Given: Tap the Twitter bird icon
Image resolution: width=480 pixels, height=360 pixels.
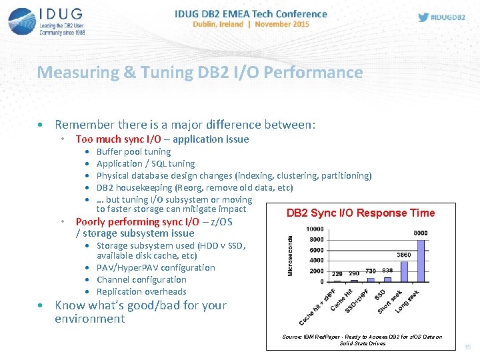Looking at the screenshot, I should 423,17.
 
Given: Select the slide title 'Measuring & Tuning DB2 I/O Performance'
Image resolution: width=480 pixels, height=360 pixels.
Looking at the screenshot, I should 200,72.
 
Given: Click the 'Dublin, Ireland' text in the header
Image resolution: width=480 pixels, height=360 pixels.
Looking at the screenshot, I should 215,24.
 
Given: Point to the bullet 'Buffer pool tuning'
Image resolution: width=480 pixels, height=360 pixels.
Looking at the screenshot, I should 133,151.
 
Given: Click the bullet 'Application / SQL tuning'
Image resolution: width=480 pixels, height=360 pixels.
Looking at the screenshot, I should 145,163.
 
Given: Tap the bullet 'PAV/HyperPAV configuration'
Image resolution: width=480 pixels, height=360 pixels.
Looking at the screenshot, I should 155,267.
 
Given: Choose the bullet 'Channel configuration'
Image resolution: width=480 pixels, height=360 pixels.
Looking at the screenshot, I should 141,279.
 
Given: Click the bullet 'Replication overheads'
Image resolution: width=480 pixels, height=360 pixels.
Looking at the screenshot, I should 141,291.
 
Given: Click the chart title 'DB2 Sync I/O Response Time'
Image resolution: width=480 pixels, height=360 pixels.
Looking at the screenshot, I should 360,213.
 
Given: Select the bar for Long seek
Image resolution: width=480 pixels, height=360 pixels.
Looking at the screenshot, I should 420,261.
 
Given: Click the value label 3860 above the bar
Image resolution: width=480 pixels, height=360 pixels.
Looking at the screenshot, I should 404,255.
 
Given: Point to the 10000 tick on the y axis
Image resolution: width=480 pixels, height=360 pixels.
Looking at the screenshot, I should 315,229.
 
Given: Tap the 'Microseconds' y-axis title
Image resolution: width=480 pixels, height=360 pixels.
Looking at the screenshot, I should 291,256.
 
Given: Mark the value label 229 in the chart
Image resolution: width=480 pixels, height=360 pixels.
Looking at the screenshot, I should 337,274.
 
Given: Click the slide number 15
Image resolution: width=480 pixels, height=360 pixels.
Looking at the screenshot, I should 467,347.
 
